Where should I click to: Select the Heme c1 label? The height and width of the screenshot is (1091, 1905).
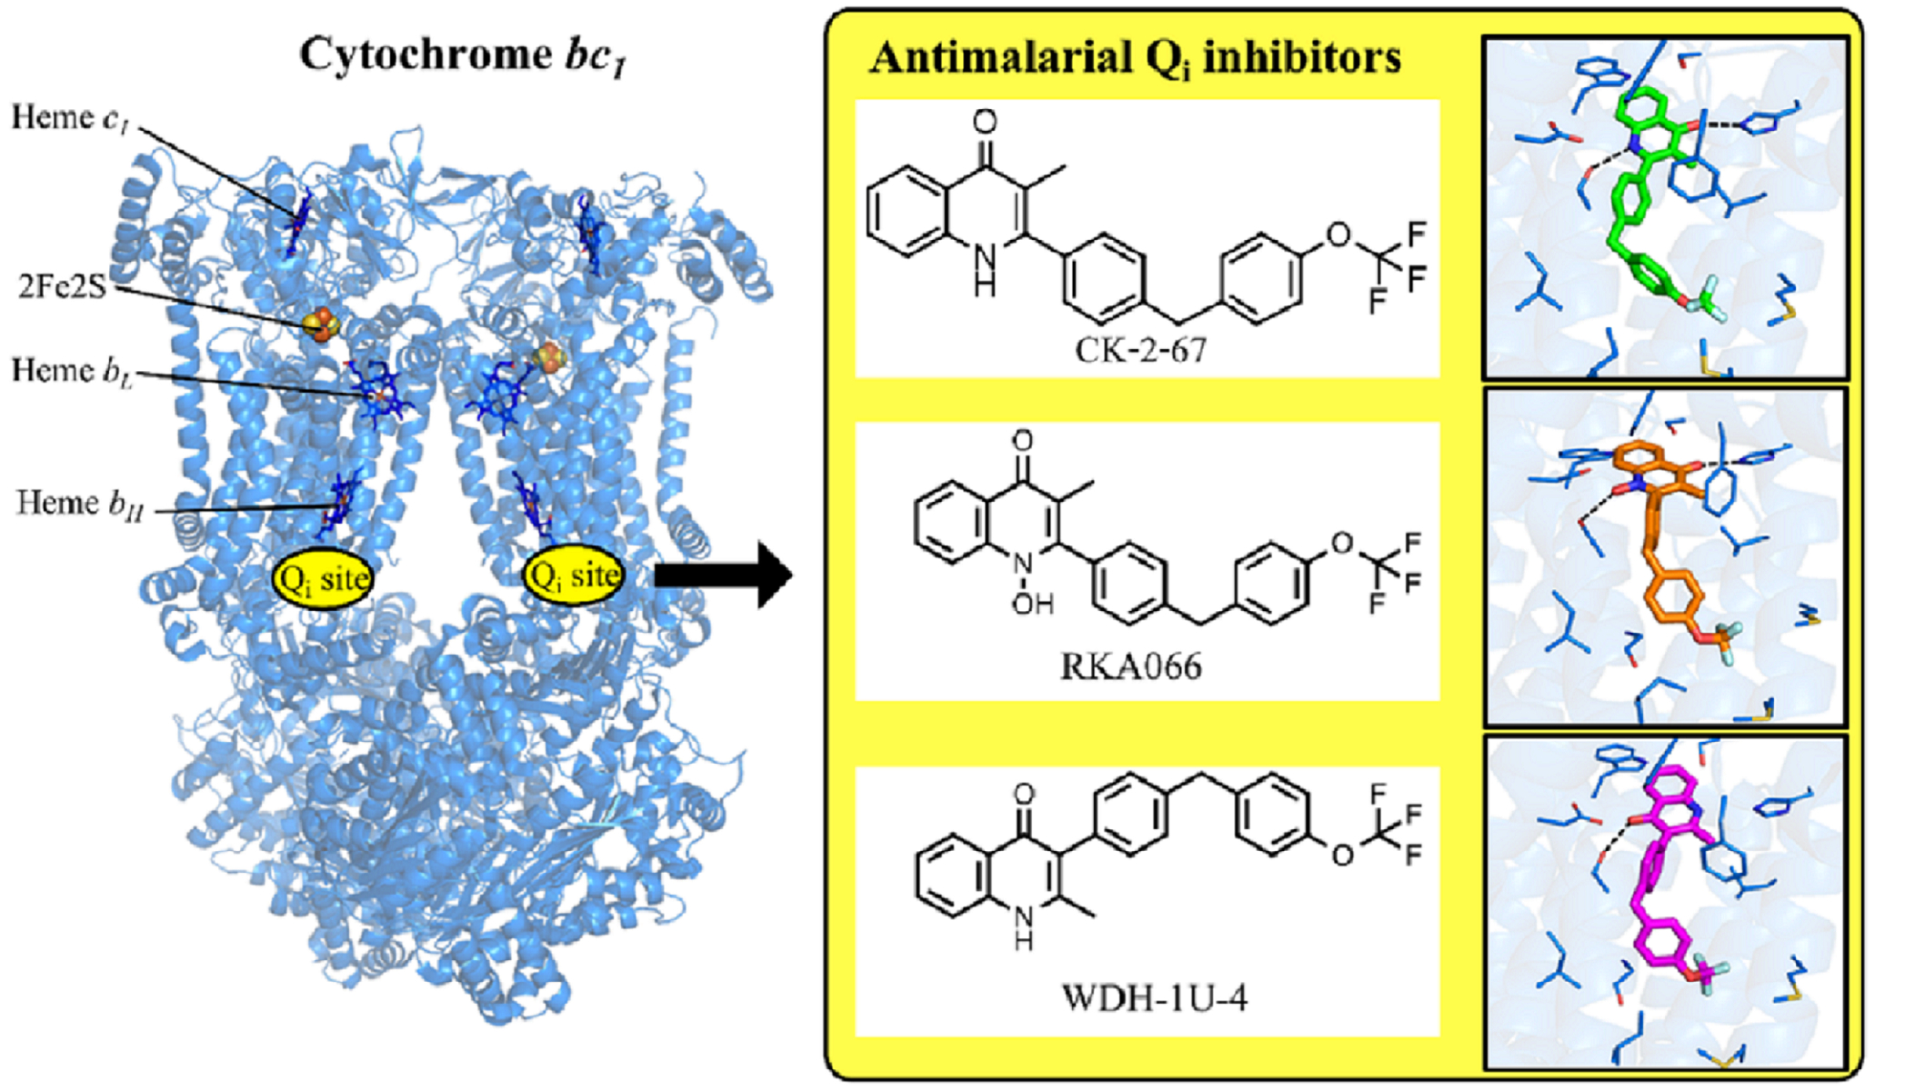pos(69,118)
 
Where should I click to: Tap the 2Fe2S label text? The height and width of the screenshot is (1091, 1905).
pos(62,286)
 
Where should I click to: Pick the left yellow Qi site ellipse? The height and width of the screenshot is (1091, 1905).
pos(323,578)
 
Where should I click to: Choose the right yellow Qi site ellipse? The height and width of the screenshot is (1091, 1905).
pos(574,575)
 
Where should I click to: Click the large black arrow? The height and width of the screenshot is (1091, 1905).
pos(723,575)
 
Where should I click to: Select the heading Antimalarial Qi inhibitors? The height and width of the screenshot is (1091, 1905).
pos(1135,58)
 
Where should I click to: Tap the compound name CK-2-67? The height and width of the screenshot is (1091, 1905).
pos(1140,349)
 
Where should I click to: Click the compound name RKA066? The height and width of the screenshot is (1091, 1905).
pos(1131,666)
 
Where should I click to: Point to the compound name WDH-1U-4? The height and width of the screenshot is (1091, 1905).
pos(1155,998)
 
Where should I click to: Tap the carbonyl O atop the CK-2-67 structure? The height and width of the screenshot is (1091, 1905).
pos(984,121)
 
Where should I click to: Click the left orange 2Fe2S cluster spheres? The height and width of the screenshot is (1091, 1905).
pos(321,323)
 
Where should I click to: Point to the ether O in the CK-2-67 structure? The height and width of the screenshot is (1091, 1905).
pos(1339,235)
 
